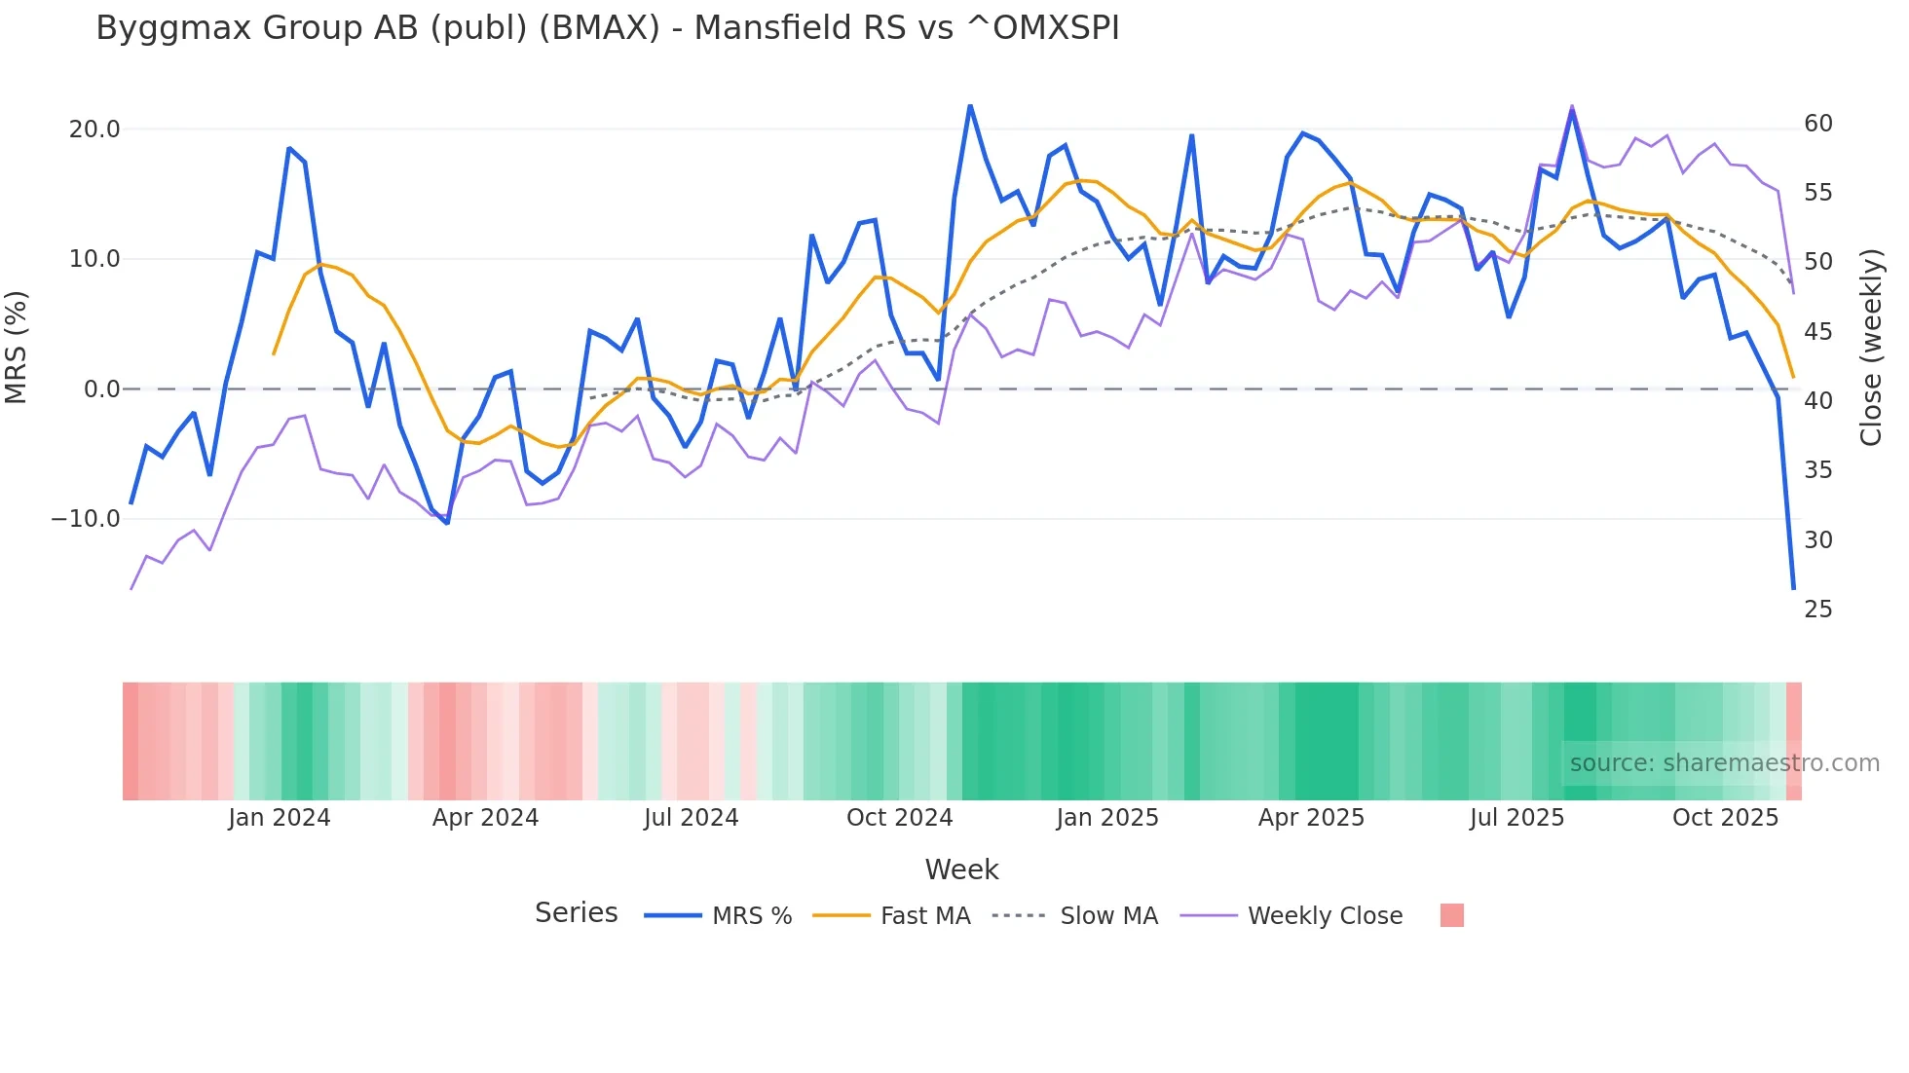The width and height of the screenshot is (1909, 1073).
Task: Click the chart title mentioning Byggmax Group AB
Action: coord(607,28)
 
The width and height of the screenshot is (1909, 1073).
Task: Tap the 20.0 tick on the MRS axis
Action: coord(94,129)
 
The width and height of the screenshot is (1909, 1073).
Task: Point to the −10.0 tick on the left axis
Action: coord(86,519)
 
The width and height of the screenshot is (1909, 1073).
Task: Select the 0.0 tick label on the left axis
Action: coord(101,389)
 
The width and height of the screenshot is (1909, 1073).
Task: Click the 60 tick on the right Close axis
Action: coord(1817,124)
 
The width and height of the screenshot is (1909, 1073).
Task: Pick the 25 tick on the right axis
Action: coord(1817,610)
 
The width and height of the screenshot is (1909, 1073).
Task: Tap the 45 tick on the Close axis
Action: coord(1817,332)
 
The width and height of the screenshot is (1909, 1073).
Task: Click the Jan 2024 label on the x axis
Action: coord(280,818)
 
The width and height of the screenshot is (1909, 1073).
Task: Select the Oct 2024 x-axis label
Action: coord(899,818)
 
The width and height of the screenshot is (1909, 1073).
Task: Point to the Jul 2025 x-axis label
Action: coord(1516,818)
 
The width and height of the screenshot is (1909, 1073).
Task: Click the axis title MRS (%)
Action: coord(17,347)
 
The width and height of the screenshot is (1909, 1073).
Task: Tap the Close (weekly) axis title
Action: coord(1871,348)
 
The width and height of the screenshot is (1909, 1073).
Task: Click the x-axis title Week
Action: coord(961,869)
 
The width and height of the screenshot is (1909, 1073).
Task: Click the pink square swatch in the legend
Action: coord(1451,915)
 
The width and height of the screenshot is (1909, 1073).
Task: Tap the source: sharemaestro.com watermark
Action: coord(1724,763)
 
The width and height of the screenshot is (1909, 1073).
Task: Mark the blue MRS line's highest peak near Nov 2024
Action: coord(970,105)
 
